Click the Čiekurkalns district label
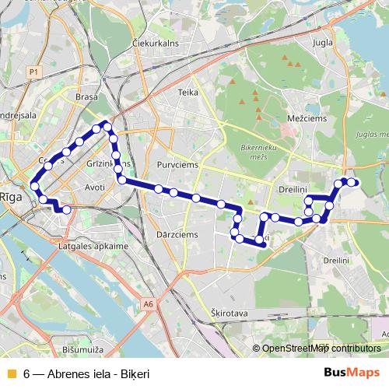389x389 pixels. (158, 44)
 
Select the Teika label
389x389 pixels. (187, 92)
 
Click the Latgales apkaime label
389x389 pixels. (93, 246)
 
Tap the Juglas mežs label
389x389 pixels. (369, 134)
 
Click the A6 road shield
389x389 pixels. (149, 304)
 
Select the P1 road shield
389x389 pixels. (33, 72)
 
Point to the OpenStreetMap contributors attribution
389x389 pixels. (321, 348)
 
